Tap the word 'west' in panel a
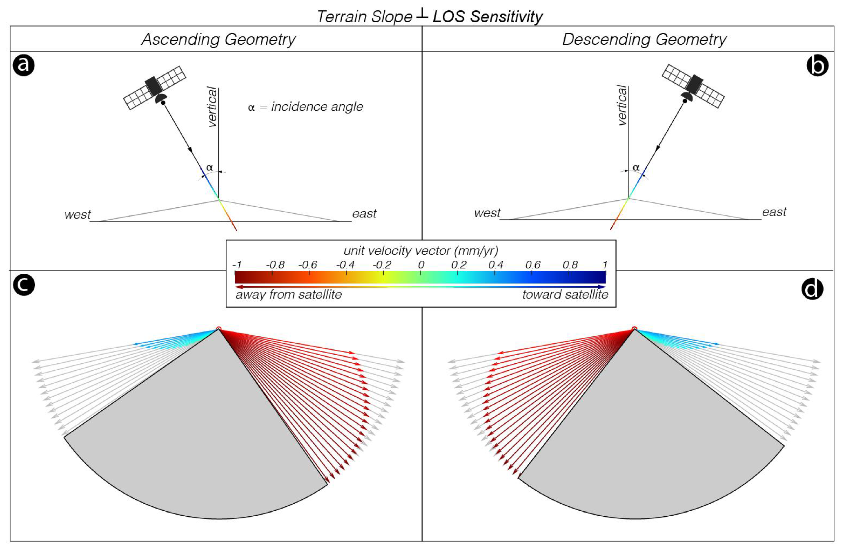pyautogui.click(x=77, y=215)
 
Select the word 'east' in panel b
pyautogui.click(x=774, y=212)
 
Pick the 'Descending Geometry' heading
pyautogui.click(x=644, y=39)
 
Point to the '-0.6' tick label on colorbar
pyautogui.click(x=308, y=265)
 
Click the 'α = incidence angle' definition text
pyautogui.click(x=305, y=106)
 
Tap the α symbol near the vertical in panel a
pyautogui.click(x=209, y=167)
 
